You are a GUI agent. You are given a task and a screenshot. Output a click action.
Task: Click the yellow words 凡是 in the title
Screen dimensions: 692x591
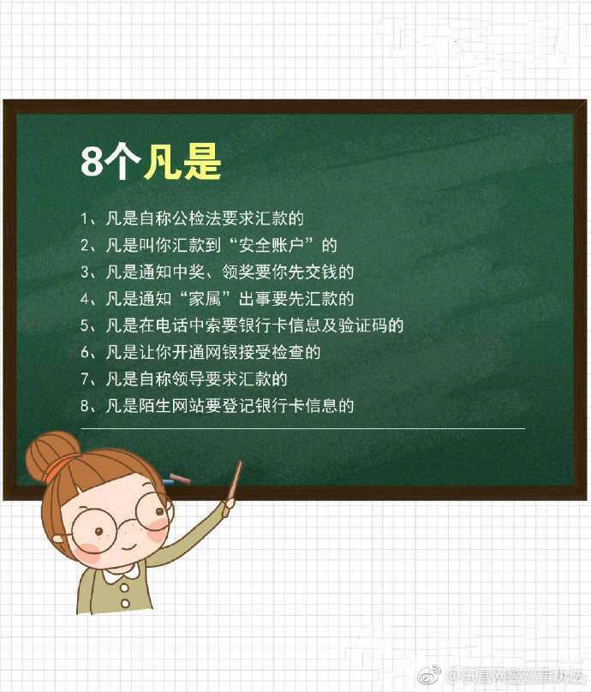[x=182, y=162]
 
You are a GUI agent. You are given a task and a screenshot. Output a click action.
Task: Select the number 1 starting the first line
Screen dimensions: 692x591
[x=85, y=218]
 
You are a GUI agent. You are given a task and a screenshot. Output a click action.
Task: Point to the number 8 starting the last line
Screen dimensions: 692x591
[x=85, y=405]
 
